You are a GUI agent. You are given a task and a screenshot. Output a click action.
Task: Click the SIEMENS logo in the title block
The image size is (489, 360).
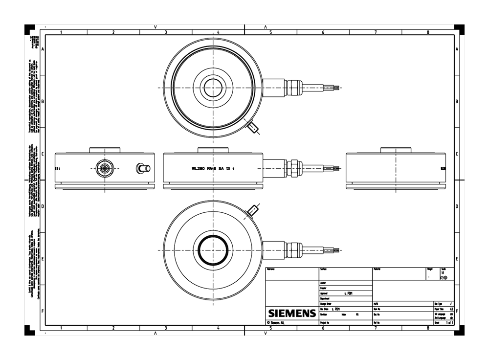click(x=292, y=313)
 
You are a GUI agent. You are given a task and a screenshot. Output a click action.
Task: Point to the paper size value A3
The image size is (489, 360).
click(x=451, y=309)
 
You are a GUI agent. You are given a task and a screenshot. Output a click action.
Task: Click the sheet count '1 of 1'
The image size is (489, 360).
click(x=449, y=323)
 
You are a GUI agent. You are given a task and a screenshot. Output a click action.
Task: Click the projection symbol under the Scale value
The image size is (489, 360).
click(x=444, y=278)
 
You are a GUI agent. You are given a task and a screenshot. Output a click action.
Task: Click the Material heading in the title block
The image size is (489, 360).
click(x=377, y=270)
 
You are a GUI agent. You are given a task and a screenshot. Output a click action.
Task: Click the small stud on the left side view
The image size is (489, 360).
click(x=143, y=168)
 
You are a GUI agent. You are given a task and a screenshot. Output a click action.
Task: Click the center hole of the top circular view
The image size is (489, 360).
click(x=213, y=88)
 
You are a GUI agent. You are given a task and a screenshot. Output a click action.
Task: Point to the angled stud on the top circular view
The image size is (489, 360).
click(x=253, y=128)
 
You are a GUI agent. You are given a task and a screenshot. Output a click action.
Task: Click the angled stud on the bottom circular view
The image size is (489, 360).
click(x=253, y=210)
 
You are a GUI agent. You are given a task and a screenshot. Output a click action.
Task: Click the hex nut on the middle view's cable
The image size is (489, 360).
click(x=294, y=168)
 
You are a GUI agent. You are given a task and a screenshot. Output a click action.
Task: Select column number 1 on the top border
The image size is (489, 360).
click(x=61, y=32)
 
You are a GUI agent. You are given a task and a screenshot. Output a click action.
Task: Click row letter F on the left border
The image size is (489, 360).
click(x=43, y=311)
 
